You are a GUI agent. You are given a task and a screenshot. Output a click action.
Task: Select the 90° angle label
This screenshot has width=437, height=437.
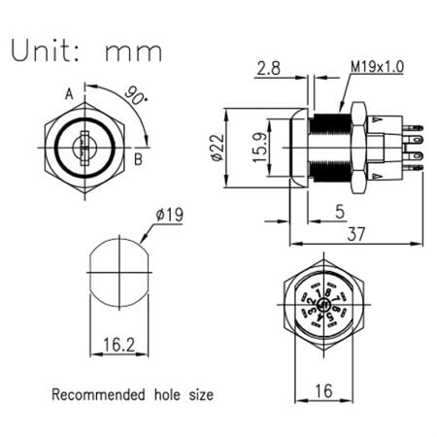(136, 96)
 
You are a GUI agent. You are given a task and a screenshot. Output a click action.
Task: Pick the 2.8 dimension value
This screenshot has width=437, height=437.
(269, 69)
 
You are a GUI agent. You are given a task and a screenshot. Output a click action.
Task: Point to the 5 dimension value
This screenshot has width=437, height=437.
(337, 210)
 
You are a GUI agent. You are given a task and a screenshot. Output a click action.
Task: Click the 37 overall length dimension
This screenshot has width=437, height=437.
(356, 232)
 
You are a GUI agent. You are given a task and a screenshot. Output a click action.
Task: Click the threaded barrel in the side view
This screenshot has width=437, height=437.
(328, 151)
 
